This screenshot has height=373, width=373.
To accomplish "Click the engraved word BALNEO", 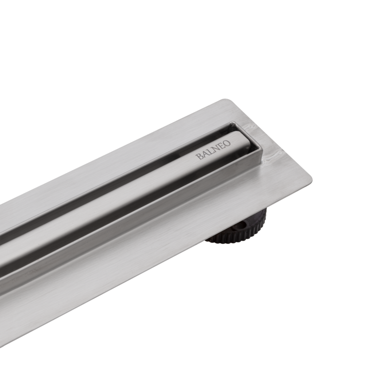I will (x=213, y=150).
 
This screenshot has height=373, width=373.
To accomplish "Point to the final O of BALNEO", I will (x=227, y=143).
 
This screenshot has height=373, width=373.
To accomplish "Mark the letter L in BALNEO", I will (x=210, y=152).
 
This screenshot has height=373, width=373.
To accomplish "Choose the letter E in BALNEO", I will (x=222, y=146).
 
